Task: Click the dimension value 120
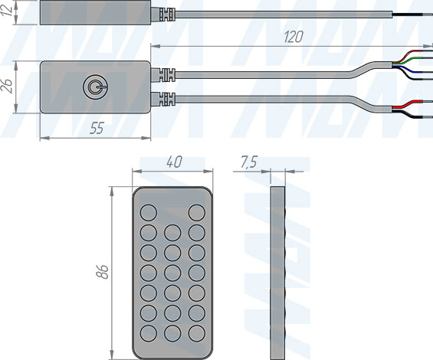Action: [x=294, y=37]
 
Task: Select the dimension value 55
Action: [x=97, y=129]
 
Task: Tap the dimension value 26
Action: [x=7, y=86]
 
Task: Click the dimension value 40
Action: [x=174, y=162]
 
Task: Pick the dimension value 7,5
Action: [x=249, y=162]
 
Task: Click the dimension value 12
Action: [x=7, y=10]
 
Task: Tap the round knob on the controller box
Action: [x=95, y=87]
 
